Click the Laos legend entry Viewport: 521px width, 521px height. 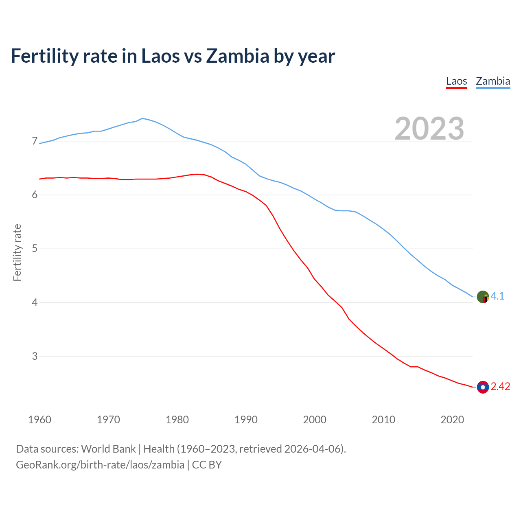point(456,81)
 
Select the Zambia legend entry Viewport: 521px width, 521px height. point(493,81)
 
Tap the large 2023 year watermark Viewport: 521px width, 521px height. point(429,129)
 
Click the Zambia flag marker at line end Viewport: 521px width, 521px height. point(483,297)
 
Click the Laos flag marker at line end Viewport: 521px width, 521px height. point(483,387)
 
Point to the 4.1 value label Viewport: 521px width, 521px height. point(497,296)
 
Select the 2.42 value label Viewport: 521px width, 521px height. point(500,386)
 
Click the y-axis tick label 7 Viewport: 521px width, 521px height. point(35,141)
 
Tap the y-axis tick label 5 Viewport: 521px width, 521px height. point(35,248)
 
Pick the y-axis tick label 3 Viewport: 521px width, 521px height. point(35,356)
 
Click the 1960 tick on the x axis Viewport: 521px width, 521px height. point(39,420)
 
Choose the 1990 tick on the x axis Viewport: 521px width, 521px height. point(246,420)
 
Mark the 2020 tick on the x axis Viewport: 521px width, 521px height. point(452,420)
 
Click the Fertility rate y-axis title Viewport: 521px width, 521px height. point(17,252)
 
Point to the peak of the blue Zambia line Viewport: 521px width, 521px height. point(142,118)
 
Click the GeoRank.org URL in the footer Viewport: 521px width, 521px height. point(100,464)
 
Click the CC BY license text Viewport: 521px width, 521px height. point(207,464)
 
